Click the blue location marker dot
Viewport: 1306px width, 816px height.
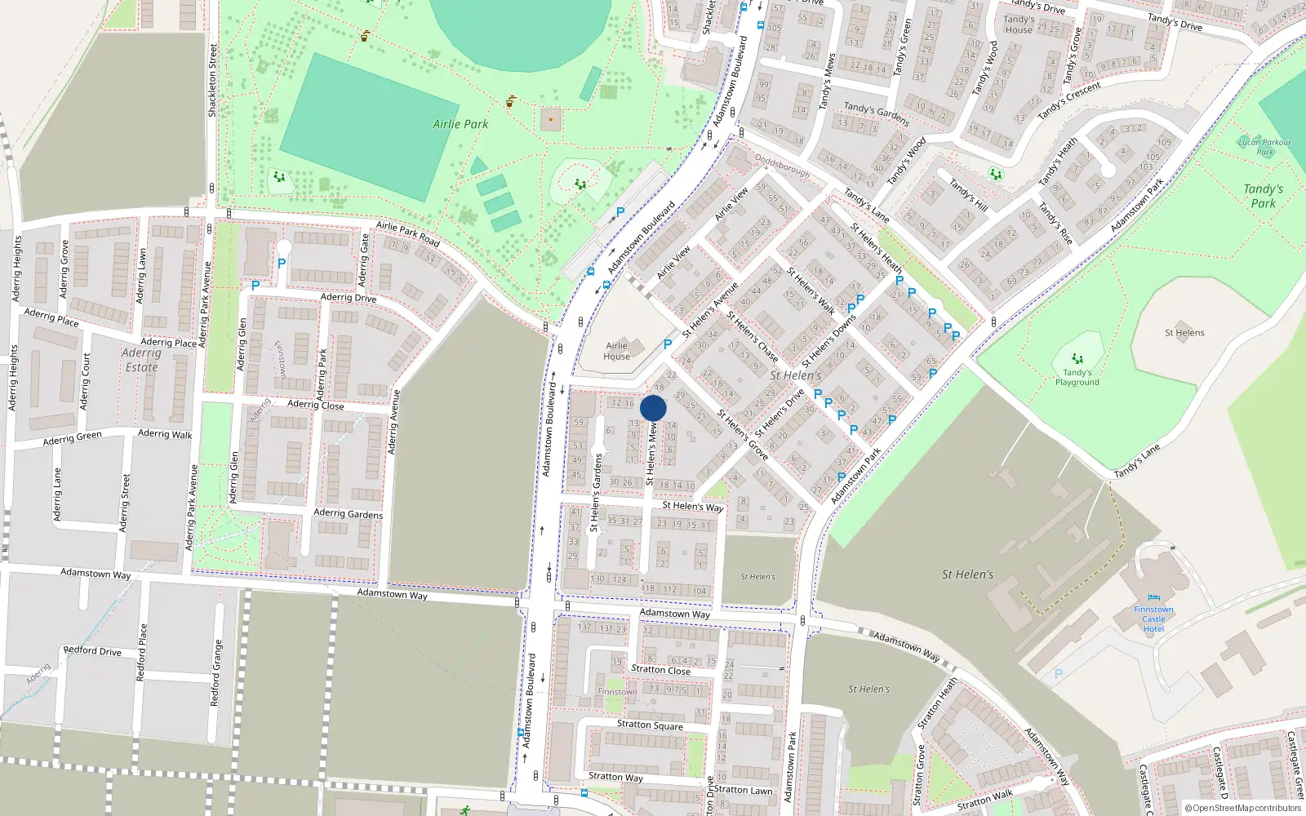(x=653, y=408)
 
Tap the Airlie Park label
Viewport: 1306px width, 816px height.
(x=460, y=124)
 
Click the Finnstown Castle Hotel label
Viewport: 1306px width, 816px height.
(x=1153, y=619)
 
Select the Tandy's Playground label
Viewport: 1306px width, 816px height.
(x=1077, y=377)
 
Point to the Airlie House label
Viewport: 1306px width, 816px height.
(x=617, y=351)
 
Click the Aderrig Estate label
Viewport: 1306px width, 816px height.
(x=141, y=360)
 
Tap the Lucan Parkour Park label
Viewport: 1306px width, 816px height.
(x=1264, y=147)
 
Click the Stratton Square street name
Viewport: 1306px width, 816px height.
(x=650, y=724)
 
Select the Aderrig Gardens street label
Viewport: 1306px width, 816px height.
(x=348, y=513)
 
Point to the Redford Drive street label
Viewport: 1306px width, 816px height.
(x=92, y=650)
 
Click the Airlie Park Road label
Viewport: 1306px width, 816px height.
(x=407, y=234)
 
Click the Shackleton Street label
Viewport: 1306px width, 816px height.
(x=213, y=80)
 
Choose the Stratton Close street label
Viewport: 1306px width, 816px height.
(x=660, y=670)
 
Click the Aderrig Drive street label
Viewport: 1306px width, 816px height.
(x=349, y=297)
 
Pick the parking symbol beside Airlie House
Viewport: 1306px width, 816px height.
(x=668, y=344)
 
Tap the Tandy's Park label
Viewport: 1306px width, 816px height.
(x=1263, y=196)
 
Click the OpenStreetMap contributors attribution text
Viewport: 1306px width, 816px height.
(x=1243, y=808)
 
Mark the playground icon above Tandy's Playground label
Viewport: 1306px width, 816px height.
(x=1077, y=358)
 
